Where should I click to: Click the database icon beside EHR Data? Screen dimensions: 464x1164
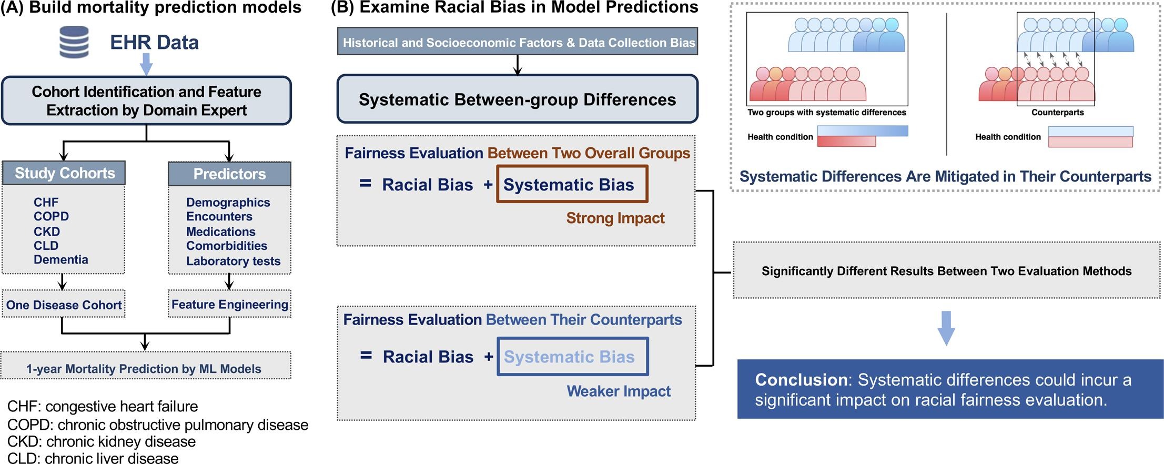(x=74, y=42)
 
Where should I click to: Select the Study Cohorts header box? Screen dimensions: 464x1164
(x=64, y=173)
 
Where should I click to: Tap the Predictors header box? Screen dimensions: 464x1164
(x=229, y=174)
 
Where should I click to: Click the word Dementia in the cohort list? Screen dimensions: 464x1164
(x=60, y=259)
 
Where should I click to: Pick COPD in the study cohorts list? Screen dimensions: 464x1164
(x=51, y=216)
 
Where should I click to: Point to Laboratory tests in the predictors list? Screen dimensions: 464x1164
(x=233, y=261)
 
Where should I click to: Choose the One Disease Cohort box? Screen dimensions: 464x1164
(x=64, y=305)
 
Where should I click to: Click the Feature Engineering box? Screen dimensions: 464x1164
(x=229, y=304)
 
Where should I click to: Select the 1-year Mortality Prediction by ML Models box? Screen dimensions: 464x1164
(x=144, y=368)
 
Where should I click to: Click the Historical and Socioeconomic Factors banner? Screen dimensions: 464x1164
(x=518, y=42)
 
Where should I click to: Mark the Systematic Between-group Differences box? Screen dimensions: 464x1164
(x=517, y=99)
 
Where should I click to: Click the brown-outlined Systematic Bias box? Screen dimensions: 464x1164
(x=572, y=184)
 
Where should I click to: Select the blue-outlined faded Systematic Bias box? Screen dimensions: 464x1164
(x=572, y=356)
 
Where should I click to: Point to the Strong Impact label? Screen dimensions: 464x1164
(x=615, y=218)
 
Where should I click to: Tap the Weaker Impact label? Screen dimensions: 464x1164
(x=618, y=391)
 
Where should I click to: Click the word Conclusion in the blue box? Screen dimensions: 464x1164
(x=801, y=379)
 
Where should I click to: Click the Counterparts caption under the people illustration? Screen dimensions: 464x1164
(x=1057, y=112)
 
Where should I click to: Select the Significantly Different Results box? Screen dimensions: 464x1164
(x=946, y=271)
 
